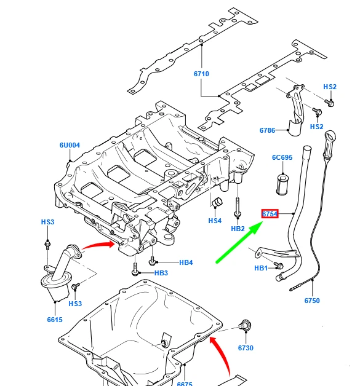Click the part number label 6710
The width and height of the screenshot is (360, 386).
pyautogui.click(x=201, y=74)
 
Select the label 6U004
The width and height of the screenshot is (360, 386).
pyautogui.click(x=70, y=146)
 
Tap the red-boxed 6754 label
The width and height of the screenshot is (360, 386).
pyautogui.click(x=270, y=214)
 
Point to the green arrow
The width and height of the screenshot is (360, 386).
pyautogui.click(x=240, y=242)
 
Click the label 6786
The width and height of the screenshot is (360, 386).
pyautogui.click(x=267, y=130)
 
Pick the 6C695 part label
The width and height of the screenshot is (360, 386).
pyautogui.click(x=282, y=158)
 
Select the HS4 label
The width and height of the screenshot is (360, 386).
pyautogui.click(x=214, y=221)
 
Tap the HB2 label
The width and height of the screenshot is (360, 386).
pyautogui.click(x=238, y=229)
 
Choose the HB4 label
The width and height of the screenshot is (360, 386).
pyautogui.click(x=186, y=262)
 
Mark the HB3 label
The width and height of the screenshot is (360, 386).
pyautogui.click(x=161, y=273)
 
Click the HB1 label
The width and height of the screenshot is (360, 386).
pyautogui.click(x=261, y=268)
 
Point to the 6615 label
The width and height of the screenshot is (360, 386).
pyautogui.click(x=54, y=320)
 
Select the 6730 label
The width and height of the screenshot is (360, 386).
pyautogui.click(x=246, y=348)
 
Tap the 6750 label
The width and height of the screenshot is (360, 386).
pyautogui.click(x=312, y=301)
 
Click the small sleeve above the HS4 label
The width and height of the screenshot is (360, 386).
pyautogui.click(x=217, y=203)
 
